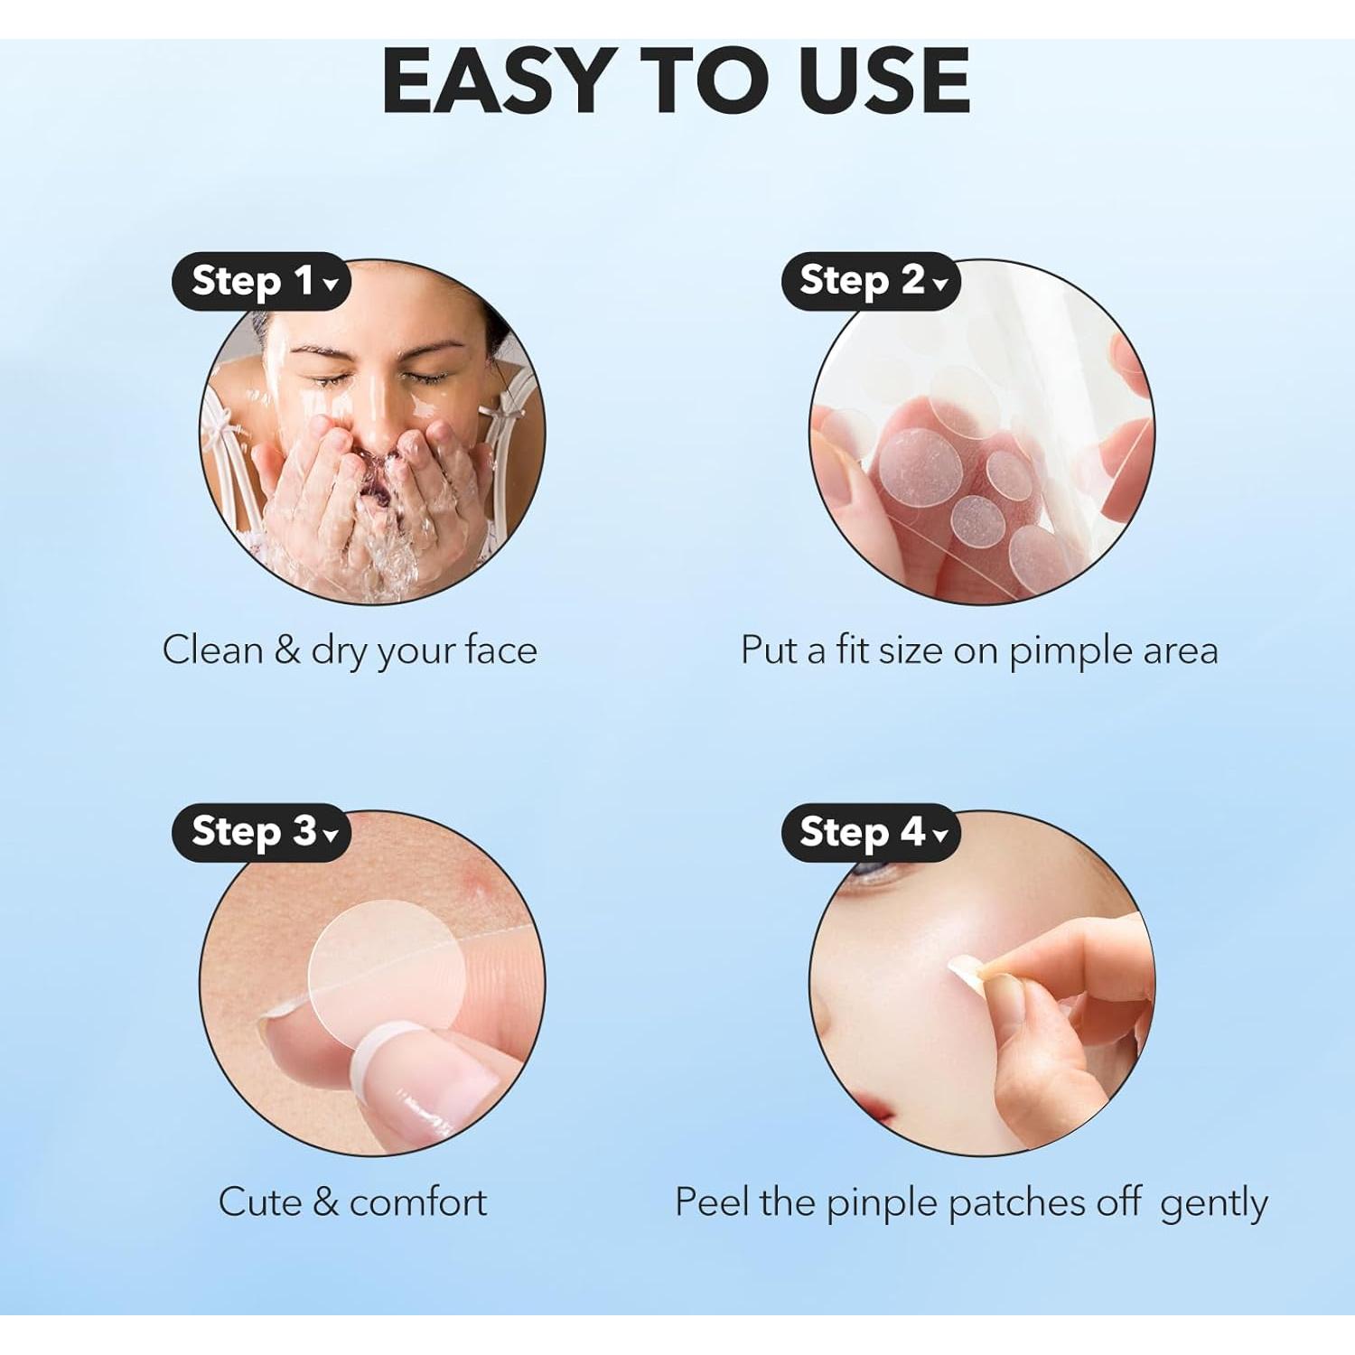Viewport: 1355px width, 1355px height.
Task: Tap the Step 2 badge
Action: point(870,281)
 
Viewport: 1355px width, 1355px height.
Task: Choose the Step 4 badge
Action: point(870,832)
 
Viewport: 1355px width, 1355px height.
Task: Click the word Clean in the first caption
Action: point(212,649)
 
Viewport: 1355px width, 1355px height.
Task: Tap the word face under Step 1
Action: point(500,649)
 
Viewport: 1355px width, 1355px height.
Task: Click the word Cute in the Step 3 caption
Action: point(260,1202)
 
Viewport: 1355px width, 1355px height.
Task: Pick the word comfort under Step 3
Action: point(417,1202)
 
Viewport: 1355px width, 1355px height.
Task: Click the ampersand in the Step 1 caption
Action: point(286,649)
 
